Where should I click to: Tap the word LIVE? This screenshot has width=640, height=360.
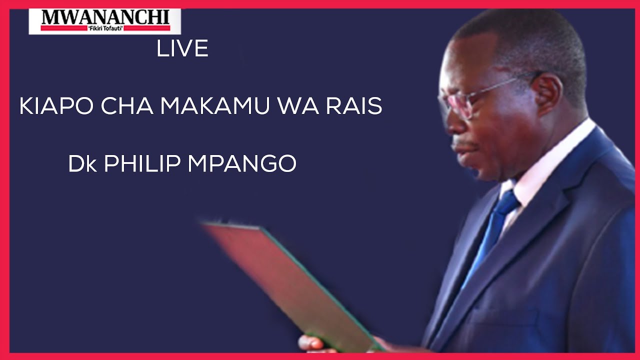coord(182,49)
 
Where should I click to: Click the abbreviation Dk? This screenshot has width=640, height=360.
coord(82,164)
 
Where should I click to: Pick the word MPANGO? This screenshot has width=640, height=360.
coord(242,164)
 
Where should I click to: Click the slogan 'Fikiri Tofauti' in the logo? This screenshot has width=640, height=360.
coord(105,28)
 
